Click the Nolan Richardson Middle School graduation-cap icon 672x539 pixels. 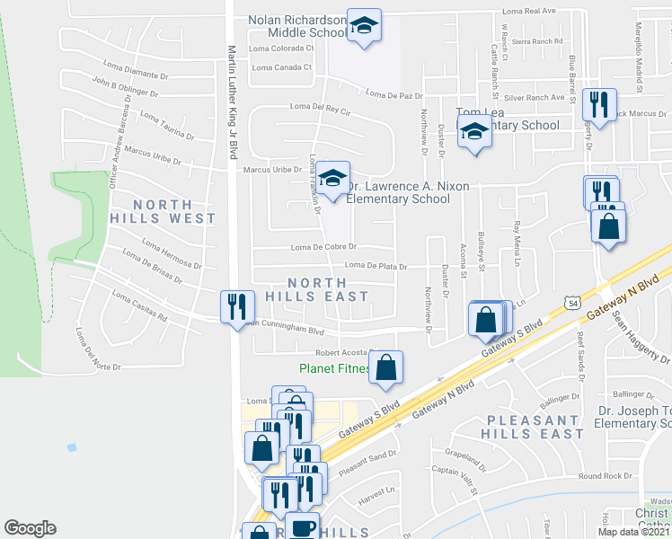364,27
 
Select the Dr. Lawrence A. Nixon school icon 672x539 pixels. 332,180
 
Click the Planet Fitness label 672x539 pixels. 334,368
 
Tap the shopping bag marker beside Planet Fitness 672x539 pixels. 385,367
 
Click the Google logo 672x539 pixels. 30,528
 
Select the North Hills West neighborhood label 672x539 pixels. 164,210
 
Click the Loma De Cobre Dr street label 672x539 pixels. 323,247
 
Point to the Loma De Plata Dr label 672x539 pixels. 376,266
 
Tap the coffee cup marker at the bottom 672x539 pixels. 302,528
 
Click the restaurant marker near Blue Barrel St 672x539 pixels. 598,106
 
